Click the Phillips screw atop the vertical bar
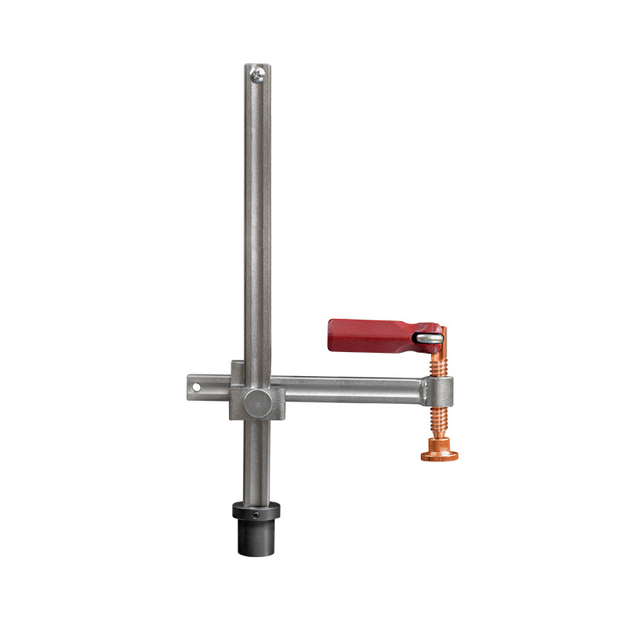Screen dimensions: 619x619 tap(258, 74)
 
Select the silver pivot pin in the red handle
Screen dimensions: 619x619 tap(428, 337)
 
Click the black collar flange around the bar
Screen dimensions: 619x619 tap(258, 511)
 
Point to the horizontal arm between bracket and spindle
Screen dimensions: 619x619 tap(348, 389)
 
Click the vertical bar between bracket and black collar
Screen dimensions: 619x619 tap(258, 460)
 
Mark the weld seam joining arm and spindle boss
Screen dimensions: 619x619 tap(424, 390)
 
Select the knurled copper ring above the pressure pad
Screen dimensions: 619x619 tap(439, 444)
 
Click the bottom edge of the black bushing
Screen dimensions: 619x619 tap(258, 552)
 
